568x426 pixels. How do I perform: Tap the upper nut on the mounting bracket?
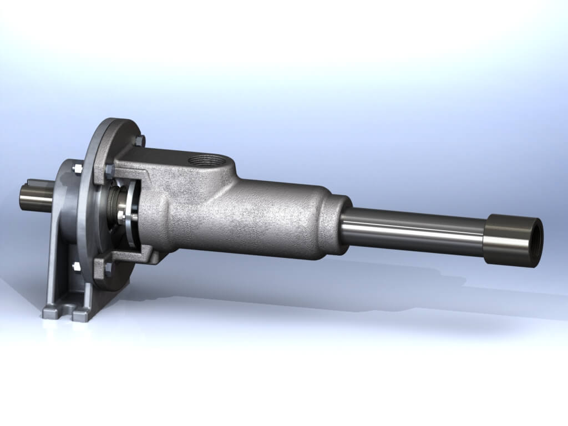click(76, 167)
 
